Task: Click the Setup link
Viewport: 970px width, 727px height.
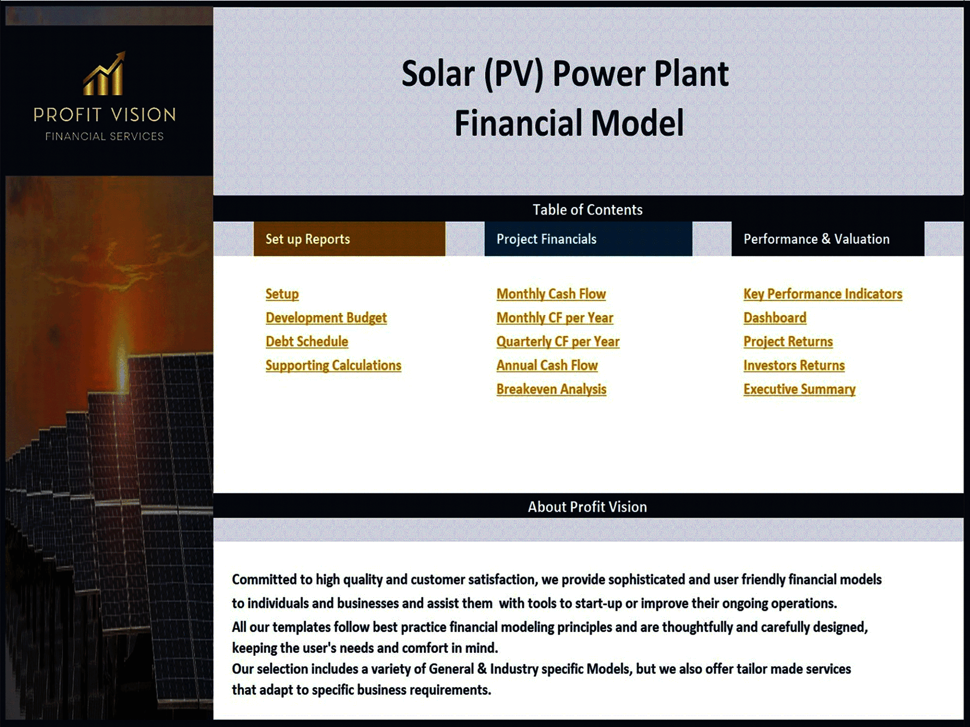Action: tap(282, 294)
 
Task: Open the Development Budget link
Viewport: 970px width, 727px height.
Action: tap(326, 318)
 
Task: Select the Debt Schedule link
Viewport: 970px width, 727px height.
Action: tap(307, 341)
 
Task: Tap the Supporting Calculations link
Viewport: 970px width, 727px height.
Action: tap(333, 365)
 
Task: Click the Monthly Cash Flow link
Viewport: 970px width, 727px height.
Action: tap(551, 294)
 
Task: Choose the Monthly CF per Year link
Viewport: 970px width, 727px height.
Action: tap(554, 318)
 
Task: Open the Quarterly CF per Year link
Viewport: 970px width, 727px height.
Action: tap(557, 341)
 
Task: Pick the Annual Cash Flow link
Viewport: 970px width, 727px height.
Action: tap(547, 365)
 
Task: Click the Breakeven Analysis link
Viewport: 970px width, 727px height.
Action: tap(551, 389)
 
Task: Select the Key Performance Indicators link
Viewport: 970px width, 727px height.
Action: tap(822, 294)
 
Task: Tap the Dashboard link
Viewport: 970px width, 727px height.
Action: tap(774, 318)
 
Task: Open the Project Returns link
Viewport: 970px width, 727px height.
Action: tap(788, 341)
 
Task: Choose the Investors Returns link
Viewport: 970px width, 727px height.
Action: tap(794, 365)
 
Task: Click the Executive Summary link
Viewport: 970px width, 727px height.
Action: tap(799, 389)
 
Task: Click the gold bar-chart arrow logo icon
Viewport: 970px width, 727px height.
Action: tap(105, 74)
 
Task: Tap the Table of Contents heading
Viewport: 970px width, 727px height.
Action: tap(588, 210)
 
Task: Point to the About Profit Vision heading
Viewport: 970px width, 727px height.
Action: tap(588, 506)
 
